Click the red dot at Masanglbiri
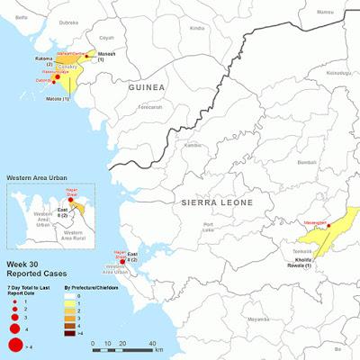coord(330,226)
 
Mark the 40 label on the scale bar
coord(154,345)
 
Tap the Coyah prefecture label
coord(108,38)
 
